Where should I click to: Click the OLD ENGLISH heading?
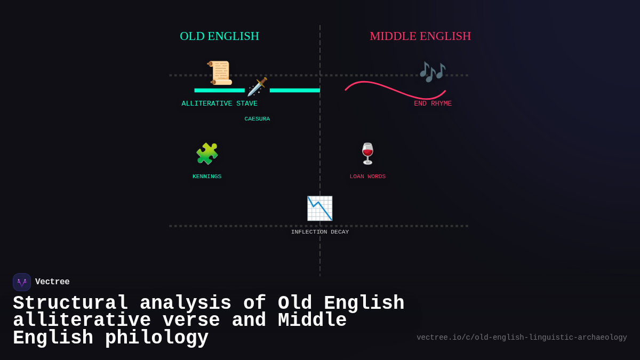point(219,36)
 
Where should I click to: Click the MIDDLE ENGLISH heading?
point(420,36)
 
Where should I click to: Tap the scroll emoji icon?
point(219,73)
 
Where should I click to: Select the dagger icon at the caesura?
point(257,87)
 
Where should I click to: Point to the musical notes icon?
point(432,71)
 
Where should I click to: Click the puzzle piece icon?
point(207,154)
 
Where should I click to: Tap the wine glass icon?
point(367,154)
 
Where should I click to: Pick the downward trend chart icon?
point(319,209)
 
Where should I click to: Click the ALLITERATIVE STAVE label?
point(219,103)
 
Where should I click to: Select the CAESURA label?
point(257,119)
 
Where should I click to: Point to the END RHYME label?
point(433,103)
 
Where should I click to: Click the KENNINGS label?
point(207,177)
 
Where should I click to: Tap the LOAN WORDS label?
point(367,177)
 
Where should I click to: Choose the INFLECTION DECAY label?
point(320,232)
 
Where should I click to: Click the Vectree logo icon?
point(22,282)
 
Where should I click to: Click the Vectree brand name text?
point(52,282)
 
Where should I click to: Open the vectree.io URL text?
point(522,338)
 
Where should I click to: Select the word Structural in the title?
point(70,303)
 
